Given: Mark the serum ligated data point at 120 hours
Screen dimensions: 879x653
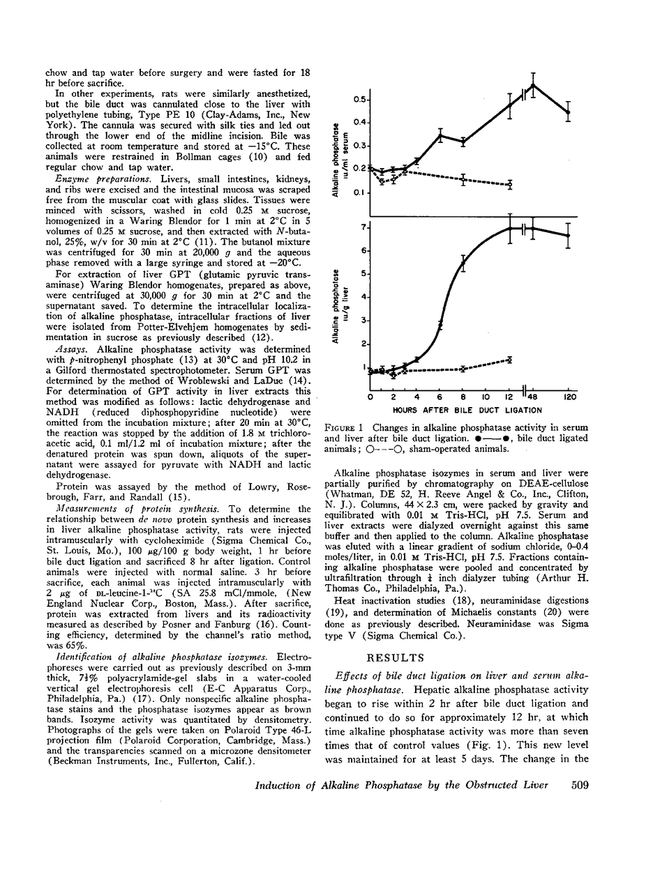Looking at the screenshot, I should (x=568, y=112).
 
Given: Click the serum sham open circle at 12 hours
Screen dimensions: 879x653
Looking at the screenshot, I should (x=511, y=184).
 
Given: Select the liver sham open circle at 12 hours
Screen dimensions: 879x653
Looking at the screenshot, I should (x=511, y=360).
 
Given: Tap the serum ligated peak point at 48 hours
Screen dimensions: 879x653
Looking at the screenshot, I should (x=533, y=86).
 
